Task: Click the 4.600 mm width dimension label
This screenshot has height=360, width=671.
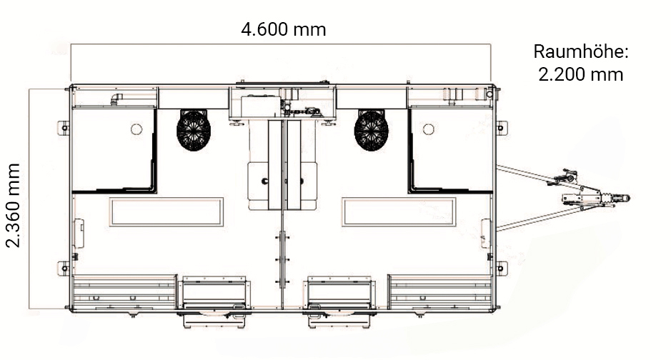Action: pos(283,29)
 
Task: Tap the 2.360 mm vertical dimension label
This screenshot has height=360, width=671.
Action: pos(14,205)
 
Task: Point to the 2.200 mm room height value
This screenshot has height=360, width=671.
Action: pos(581,75)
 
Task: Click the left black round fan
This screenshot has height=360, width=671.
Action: pos(194,130)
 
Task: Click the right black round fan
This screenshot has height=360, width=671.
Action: pos(371,131)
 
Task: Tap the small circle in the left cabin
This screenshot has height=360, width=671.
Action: pos(136,129)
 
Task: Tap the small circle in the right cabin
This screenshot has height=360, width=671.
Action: pos(428,129)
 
